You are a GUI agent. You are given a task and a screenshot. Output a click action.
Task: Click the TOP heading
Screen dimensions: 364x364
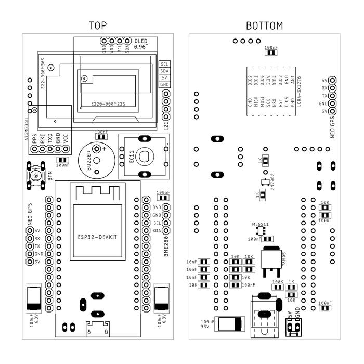[98, 26]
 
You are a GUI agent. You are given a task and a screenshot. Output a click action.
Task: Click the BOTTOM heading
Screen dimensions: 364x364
[264, 26]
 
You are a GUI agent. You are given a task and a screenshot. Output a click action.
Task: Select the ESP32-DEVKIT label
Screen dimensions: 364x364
[98, 237]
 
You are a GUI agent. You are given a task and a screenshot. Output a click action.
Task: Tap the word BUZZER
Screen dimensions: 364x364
[89, 163]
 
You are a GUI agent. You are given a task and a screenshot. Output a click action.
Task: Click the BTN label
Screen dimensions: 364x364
[50, 176]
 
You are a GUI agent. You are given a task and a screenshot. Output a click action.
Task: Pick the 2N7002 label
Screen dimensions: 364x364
[272, 181]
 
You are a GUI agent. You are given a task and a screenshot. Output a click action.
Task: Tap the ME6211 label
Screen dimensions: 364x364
[261, 224]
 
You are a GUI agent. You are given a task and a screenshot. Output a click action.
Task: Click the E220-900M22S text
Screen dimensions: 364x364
[108, 104]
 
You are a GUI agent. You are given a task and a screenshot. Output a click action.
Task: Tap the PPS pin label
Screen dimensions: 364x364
[34, 138]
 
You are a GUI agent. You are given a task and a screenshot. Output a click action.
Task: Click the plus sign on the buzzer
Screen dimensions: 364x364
[105, 149]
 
